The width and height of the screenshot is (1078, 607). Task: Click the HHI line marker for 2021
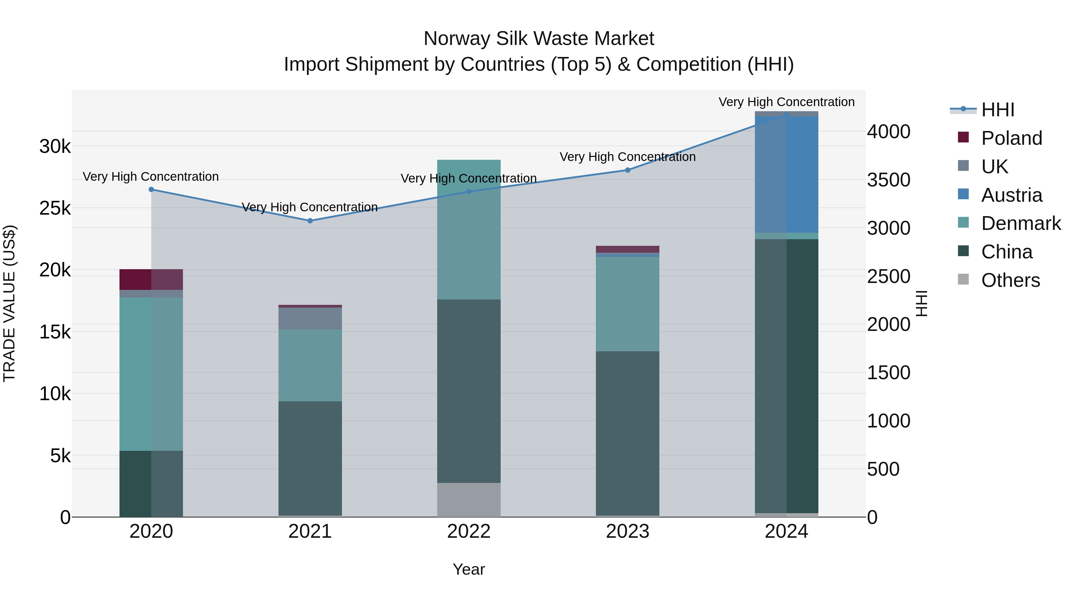pos(310,221)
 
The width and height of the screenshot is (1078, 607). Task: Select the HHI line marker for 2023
pos(628,170)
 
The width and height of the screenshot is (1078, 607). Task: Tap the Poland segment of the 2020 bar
pos(151,279)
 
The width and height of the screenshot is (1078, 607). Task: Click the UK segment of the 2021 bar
pos(310,318)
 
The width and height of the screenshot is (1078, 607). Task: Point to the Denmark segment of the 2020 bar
pos(151,374)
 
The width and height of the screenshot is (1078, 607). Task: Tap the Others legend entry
pos(1010,280)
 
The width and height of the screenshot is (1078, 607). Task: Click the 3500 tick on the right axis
pos(888,180)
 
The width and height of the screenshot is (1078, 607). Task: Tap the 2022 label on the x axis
pos(469,531)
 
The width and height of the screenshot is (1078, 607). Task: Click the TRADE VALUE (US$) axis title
pos(9,303)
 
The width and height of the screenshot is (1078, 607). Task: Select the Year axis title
pos(469,569)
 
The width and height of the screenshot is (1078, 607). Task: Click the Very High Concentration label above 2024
pos(786,102)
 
